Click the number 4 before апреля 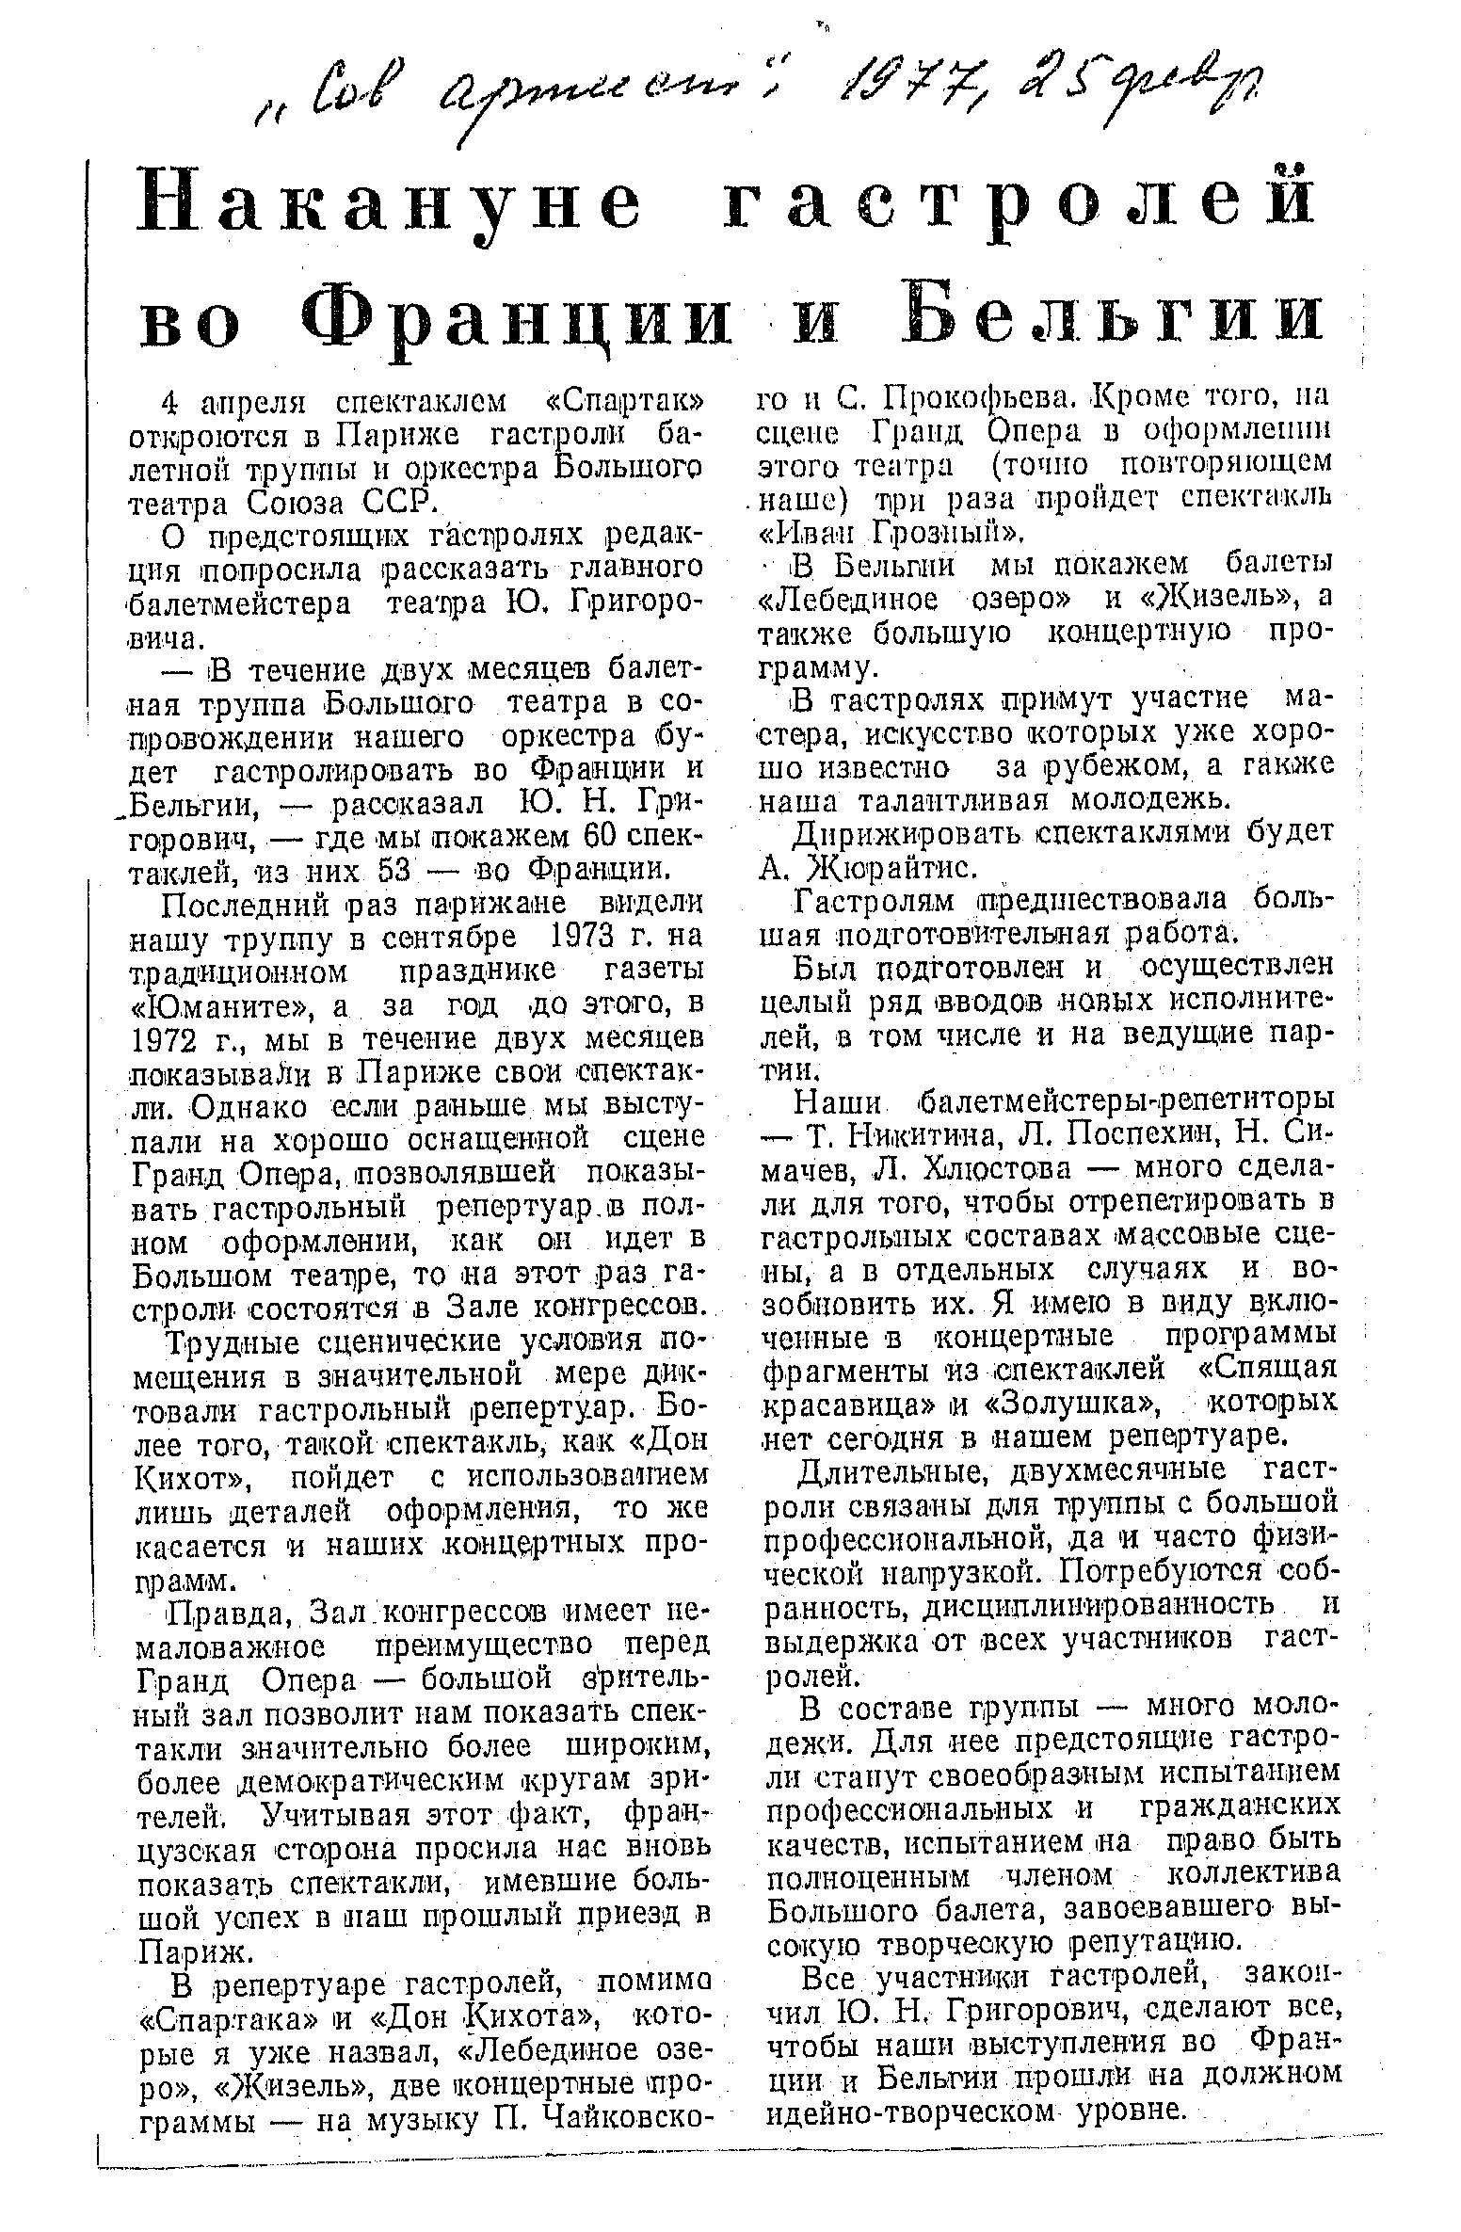click(169, 403)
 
